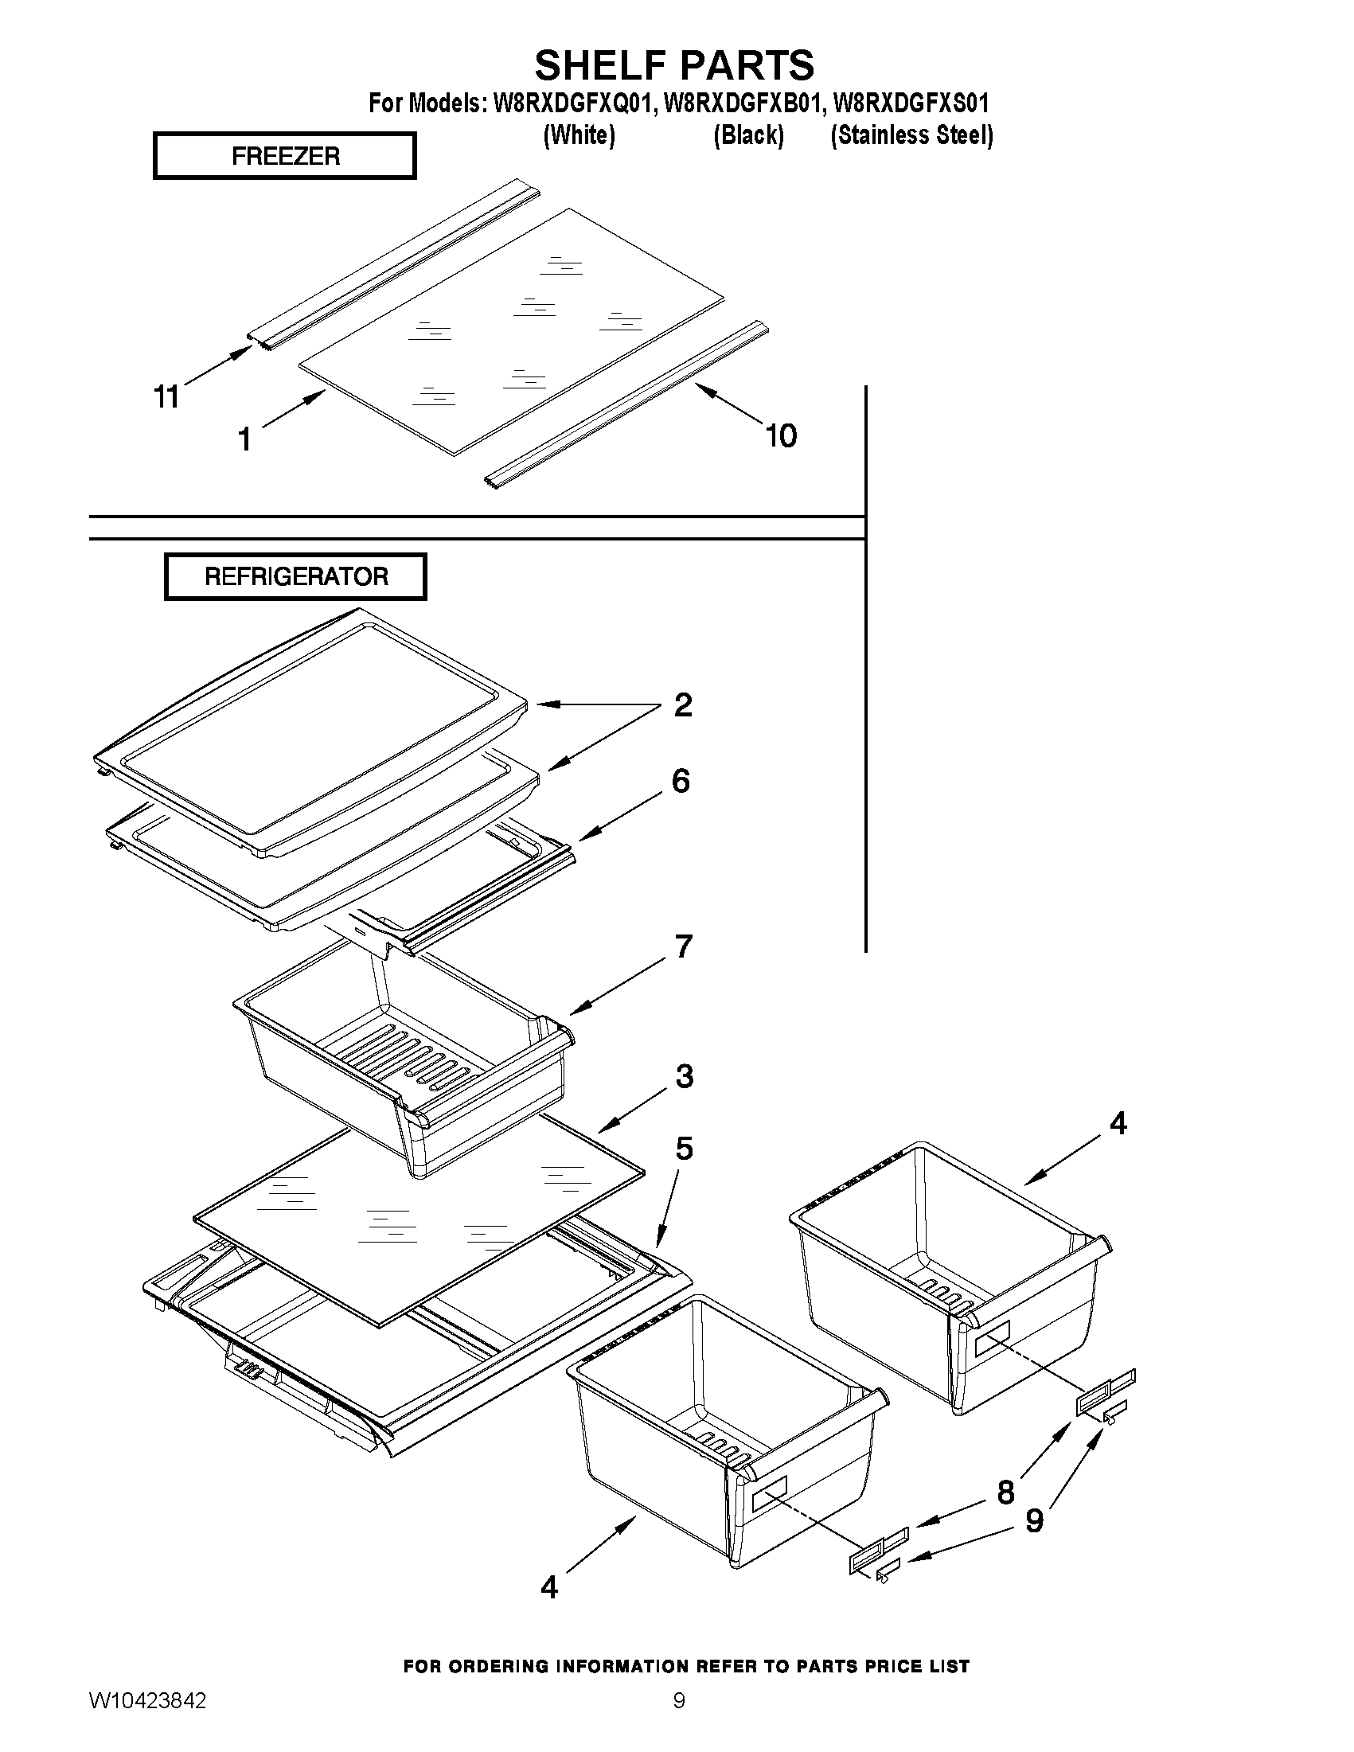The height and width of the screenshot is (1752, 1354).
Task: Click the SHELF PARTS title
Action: (673, 65)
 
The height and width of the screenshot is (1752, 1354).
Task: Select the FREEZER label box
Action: (285, 156)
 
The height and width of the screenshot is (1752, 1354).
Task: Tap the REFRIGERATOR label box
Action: (295, 576)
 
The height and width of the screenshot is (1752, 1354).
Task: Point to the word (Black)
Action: (748, 135)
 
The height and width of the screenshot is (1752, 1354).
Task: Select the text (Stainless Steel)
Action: (911, 135)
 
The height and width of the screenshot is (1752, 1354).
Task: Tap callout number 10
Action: (780, 435)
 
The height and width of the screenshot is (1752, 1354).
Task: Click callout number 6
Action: (681, 781)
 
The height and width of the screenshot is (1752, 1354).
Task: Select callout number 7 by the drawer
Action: (684, 946)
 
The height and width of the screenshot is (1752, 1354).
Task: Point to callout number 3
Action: (684, 1075)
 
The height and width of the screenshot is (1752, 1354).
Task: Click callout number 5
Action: (684, 1149)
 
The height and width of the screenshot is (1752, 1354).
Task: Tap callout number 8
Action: (1005, 1492)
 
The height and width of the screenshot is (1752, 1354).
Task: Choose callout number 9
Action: (1035, 1520)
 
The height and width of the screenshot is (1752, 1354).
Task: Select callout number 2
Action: (683, 704)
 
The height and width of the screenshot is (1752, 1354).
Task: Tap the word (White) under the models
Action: (579, 135)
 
